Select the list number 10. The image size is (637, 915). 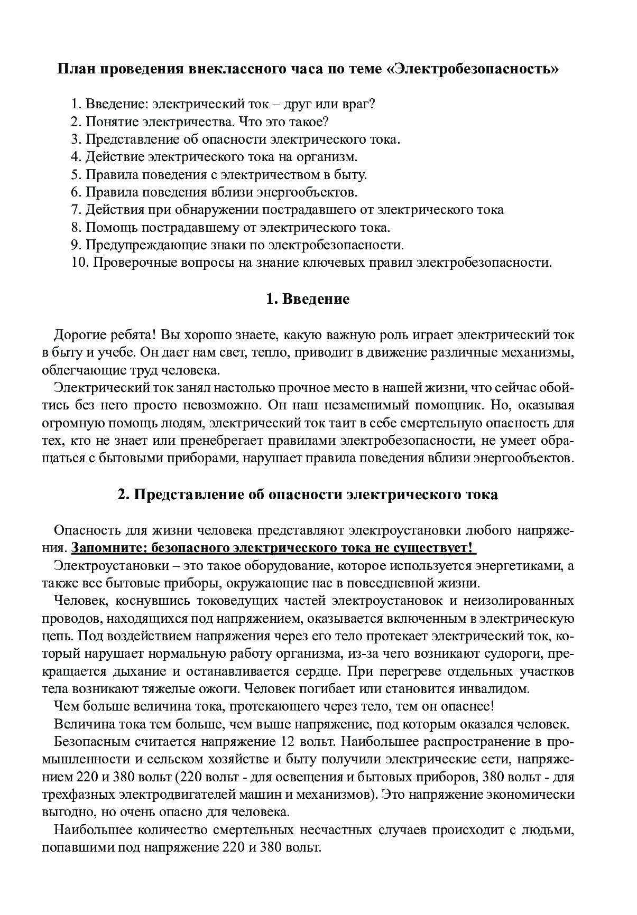coord(80,263)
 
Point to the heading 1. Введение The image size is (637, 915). coord(308,299)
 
